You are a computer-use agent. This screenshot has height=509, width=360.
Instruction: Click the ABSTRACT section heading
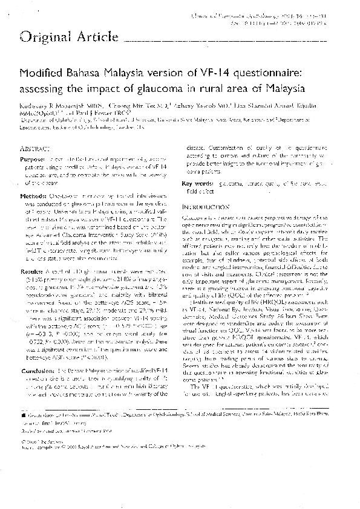[35, 148]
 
